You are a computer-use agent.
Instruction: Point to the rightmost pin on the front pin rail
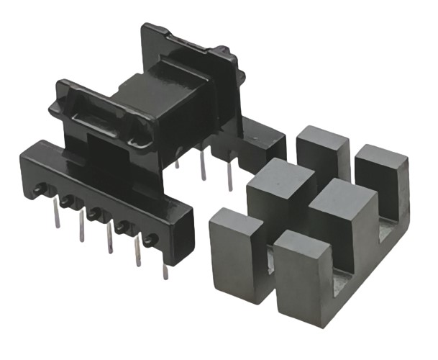tap(165, 270)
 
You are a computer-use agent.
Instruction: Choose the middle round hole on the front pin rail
tap(93, 214)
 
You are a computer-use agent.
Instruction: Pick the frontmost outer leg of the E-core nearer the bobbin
tap(234, 245)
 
